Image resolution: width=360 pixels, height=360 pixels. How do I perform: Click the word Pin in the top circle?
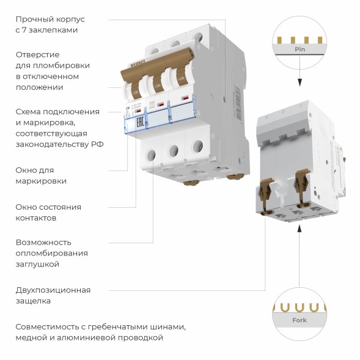pyautogui.click(x=299, y=48)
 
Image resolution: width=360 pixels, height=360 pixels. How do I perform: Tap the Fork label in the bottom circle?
pyautogui.click(x=299, y=320)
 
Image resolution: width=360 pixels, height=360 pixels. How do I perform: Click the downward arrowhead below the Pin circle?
pyautogui.click(x=299, y=83)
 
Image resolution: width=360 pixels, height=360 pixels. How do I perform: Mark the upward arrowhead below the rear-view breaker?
pyautogui.click(x=299, y=227)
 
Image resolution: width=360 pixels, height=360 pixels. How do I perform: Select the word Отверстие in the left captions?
pyautogui.click(x=37, y=54)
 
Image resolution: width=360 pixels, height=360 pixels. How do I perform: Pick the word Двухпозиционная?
pyautogui.click(x=53, y=290)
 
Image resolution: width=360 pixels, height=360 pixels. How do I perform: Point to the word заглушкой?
pyautogui.click(x=37, y=264)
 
